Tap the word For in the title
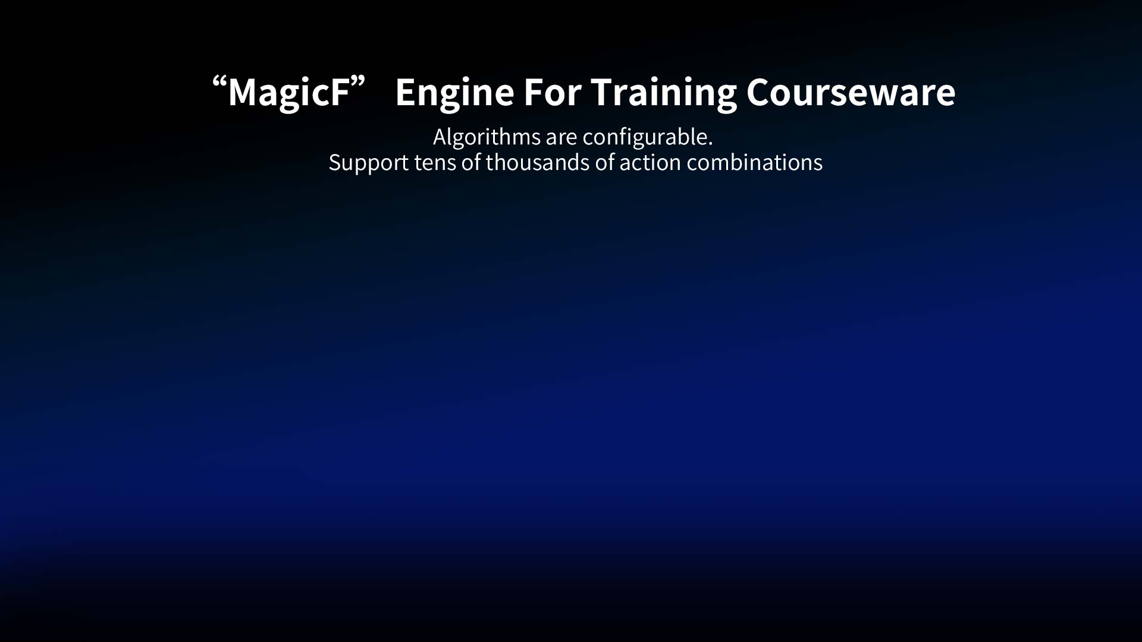pyautogui.click(x=552, y=92)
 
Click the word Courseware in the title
pyautogui.click(x=851, y=92)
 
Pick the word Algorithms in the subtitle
pyautogui.click(x=487, y=138)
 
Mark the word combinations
pyautogui.click(x=755, y=162)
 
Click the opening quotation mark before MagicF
pyautogui.click(x=219, y=83)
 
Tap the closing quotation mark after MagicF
pyautogui.click(x=357, y=83)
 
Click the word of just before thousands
pyautogui.click(x=470, y=162)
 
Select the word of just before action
pyautogui.click(x=604, y=162)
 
